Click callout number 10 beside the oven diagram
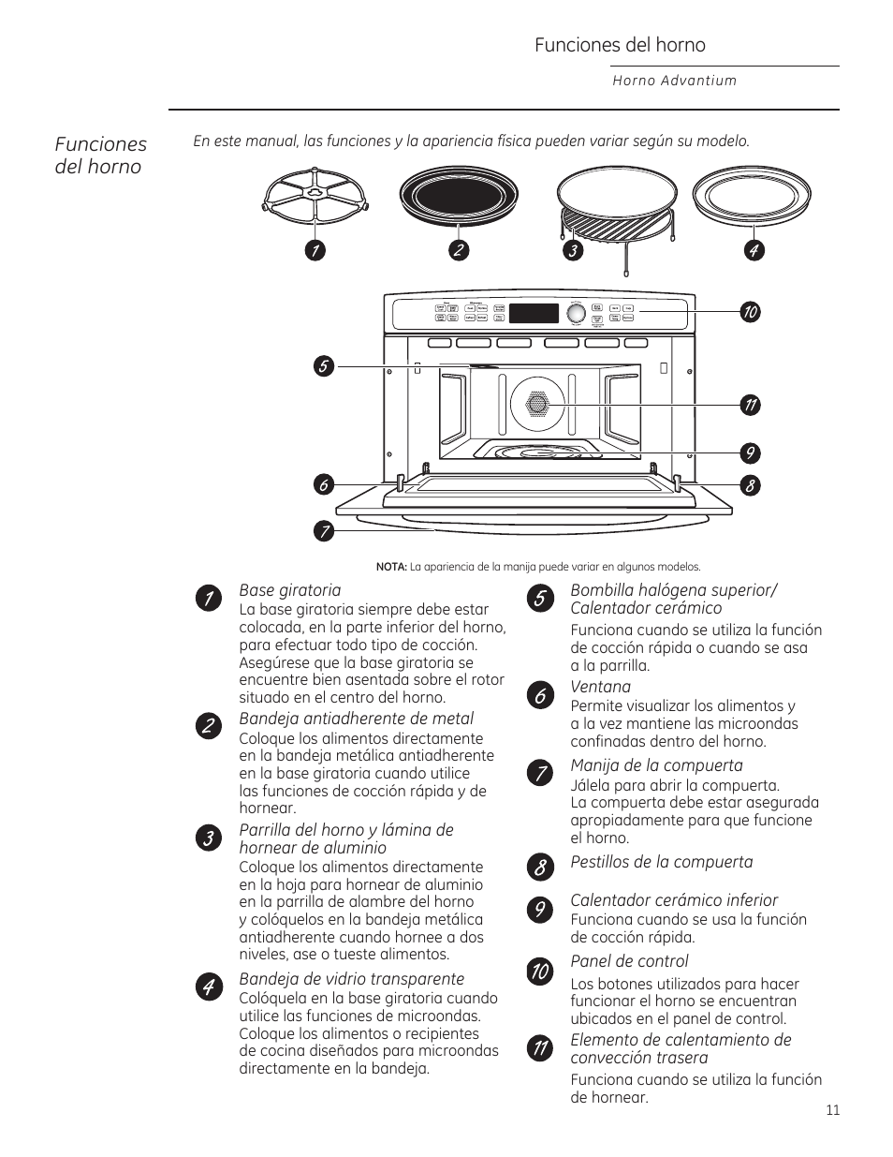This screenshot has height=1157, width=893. click(x=749, y=312)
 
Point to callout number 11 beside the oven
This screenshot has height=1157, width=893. click(x=749, y=405)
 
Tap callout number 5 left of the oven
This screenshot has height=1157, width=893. click(x=323, y=365)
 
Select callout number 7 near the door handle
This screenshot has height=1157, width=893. click(x=323, y=531)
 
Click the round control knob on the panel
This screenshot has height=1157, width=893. click(x=576, y=313)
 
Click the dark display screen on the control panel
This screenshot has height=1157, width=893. click(x=534, y=313)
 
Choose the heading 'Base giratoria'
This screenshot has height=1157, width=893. click(x=290, y=590)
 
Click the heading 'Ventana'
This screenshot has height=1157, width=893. click(x=601, y=687)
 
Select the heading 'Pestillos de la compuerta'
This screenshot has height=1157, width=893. click(x=662, y=862)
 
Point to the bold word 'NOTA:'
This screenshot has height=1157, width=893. click(x=391, y=567)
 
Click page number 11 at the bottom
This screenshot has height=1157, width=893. click(x=833, y=1110)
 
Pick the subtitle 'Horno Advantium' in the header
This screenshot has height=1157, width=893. click(x=675, y=81)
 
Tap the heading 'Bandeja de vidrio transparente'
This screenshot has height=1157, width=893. click(x=352, y=979)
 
